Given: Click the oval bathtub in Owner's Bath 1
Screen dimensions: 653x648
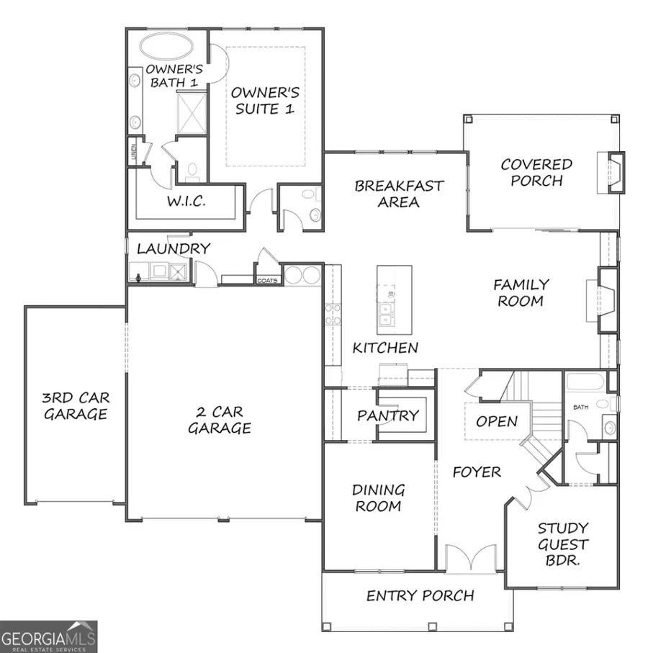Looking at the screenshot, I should pos(166,48).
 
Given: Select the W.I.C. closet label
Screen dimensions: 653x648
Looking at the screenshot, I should pos(186,202).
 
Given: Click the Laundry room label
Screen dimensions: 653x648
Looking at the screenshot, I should pos(174,249).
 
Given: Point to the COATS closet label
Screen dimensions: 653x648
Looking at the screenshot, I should pos(268,281).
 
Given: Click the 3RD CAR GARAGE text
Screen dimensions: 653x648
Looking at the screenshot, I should pos(76,405).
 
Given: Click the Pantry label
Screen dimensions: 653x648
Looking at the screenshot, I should pos(387,415).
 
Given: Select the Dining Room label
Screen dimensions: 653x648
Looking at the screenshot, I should pos(378,497).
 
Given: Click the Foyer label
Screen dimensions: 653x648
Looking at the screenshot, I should pos(476,472).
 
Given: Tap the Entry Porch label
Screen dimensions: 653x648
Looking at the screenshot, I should pos(420,595).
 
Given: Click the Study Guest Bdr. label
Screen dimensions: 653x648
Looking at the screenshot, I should pos(562,544).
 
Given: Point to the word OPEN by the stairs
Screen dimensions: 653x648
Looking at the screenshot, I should pos(497,421).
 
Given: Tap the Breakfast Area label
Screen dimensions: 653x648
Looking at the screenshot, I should pos(399,194).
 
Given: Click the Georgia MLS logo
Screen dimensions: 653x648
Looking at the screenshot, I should pos(49,637).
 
